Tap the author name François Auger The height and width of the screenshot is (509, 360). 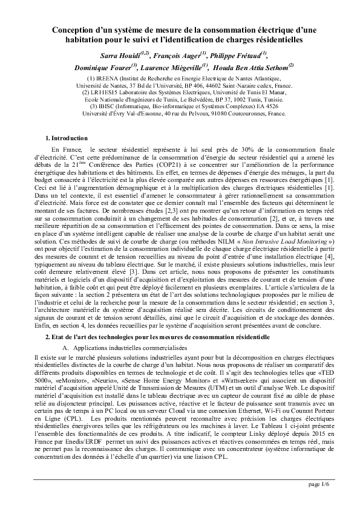click(x=179, y=55)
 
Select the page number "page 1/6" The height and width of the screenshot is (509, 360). click(x=319, y=485)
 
